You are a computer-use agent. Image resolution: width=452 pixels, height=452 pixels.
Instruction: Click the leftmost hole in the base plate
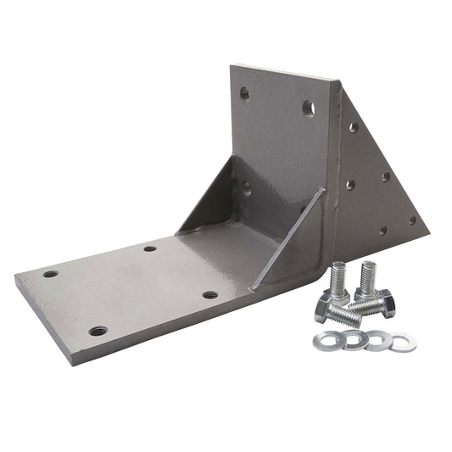(51, 274)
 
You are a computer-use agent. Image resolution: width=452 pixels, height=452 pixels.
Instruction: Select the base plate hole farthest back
(150, 248)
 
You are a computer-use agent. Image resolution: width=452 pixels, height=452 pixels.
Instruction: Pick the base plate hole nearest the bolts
(209, 295)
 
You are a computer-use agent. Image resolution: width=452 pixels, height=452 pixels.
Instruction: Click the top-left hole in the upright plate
(245, 93)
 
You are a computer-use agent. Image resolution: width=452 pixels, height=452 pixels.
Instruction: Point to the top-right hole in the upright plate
(309, 108)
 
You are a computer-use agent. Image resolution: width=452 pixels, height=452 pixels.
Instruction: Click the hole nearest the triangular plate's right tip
(413, 220)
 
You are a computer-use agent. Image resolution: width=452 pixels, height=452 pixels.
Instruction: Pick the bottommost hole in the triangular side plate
(382, 230)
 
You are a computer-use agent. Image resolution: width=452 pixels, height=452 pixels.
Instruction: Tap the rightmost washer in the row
(402, 343)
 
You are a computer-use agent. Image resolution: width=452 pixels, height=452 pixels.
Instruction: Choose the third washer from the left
(374, 341)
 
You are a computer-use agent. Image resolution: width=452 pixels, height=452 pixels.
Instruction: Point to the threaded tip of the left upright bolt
(338, 271)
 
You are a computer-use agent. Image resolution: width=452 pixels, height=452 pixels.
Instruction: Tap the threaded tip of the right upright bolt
(368, 269)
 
